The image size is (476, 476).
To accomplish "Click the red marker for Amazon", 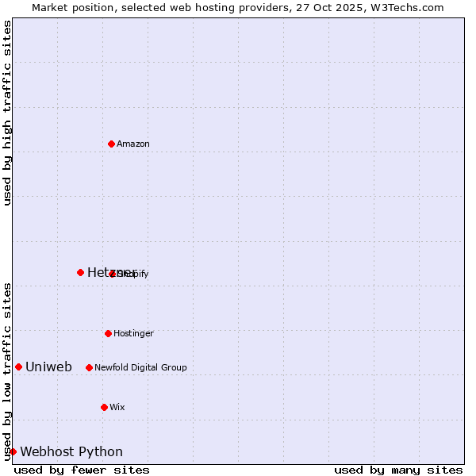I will click(x=111, y=144).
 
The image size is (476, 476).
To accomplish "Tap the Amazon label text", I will click(x=133, y=144).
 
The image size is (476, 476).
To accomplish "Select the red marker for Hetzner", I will click(x=80, y=272).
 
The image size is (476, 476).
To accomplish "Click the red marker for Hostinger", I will click(x=108, y=333).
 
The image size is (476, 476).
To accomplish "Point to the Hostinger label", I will click(x=133, y=334).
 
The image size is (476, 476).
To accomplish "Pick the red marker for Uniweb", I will click(x=18, y=367).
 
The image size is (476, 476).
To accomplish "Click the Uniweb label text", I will click(x=48, y=367).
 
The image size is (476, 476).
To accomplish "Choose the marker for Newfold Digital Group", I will click(x=89, y=367).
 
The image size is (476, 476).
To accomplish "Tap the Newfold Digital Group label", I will click(x=140, y=368).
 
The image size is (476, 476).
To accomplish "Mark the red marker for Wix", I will click(x=104, y=407).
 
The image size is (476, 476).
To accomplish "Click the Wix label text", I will click(x=117, y=408).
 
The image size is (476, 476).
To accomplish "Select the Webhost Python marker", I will click(x=13, y=451).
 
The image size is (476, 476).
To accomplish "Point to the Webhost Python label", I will click(x=71, y=452).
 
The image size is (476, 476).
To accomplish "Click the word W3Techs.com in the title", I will click(x=409, y=7).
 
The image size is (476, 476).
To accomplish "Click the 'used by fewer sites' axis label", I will click(x=82, y=470).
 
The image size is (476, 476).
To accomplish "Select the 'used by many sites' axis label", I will click(x=398, y=470).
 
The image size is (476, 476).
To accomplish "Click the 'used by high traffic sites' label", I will click(x=7, y=113).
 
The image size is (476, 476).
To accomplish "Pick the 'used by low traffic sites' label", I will click(x=7, y=370).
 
